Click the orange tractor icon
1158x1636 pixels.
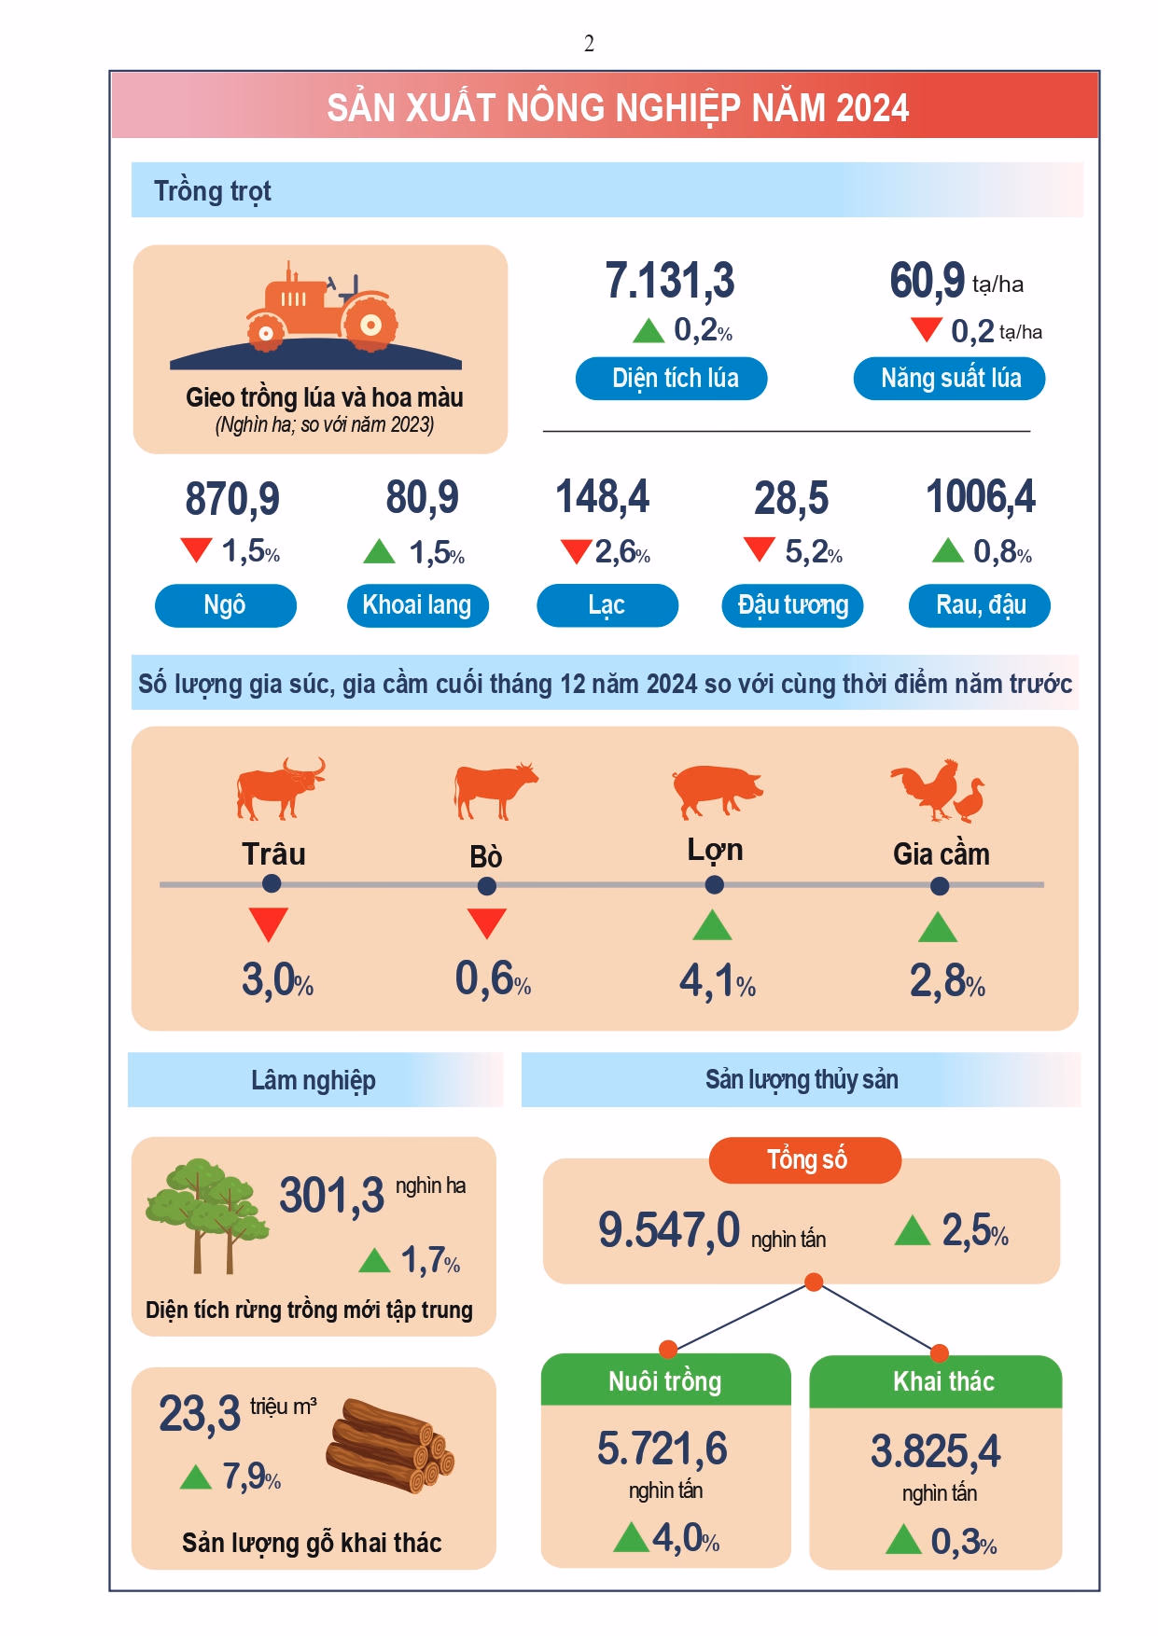pos(322,308)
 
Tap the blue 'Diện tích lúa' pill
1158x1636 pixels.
pos(672,379)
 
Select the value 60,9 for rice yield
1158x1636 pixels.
pos(927,280)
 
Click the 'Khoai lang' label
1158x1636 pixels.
pos(417,605)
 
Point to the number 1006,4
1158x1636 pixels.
pos(981,496)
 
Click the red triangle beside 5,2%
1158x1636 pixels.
pos(760,548)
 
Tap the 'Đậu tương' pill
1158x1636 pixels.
pos(793,605)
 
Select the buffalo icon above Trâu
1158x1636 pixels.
pos(281,788)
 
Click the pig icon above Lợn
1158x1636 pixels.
pos(717,791)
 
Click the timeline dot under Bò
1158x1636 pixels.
pos(487,886)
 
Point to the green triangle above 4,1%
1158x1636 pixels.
pos(713,925)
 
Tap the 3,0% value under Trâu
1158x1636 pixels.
pos(277,979)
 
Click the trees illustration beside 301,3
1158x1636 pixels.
pos(207,1215)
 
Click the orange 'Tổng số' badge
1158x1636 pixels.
pos(805,1160)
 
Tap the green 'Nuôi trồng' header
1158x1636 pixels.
pos(666,1380)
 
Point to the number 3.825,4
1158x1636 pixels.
pos(936,1451)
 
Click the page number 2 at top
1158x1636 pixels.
pos(589,44)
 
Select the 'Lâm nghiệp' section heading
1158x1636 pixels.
pos(314,1080)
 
